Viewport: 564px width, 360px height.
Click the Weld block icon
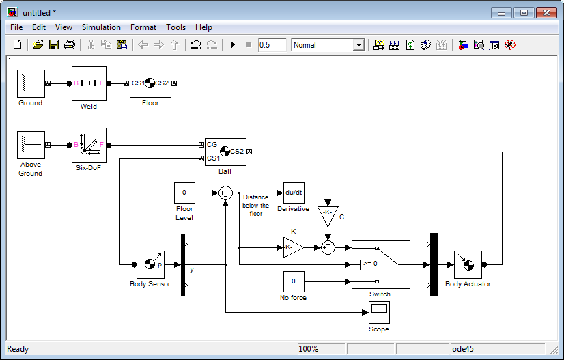(89, 83)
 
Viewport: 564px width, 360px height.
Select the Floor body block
(150, 83)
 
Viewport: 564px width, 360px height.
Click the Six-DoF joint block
(89, 145)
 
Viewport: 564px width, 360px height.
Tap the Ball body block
(225, 151)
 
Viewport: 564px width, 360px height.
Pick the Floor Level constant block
(184, 193)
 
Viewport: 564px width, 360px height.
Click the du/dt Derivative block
(294, 193)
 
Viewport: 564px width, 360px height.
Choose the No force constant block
(294, 281)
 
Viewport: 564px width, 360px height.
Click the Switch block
(380, 264)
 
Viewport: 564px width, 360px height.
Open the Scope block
(379, 313)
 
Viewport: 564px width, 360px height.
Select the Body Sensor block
(150, 264)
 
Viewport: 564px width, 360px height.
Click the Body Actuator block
(468, 264)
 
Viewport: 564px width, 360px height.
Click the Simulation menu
(101, 27)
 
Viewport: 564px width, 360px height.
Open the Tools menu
(175, 27)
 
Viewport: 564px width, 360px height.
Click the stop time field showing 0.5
(272, 45)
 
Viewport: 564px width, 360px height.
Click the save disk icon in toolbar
(53, 45)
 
